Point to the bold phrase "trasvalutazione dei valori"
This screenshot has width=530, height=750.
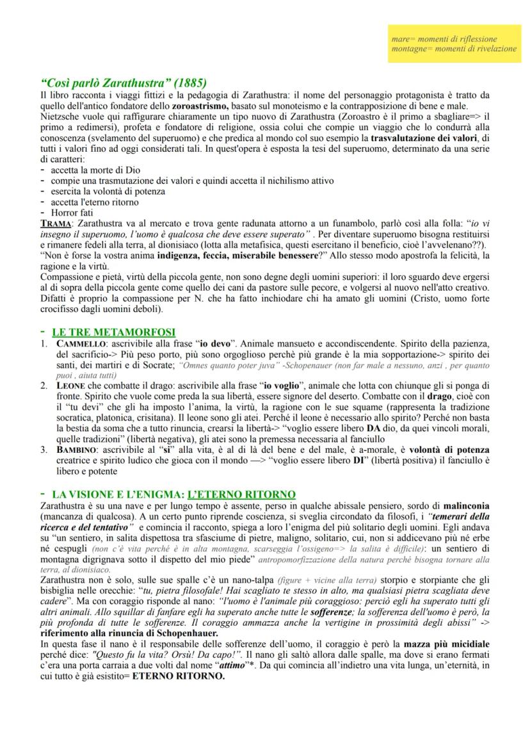(426, 138)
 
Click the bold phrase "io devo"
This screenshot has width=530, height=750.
(214, 344)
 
